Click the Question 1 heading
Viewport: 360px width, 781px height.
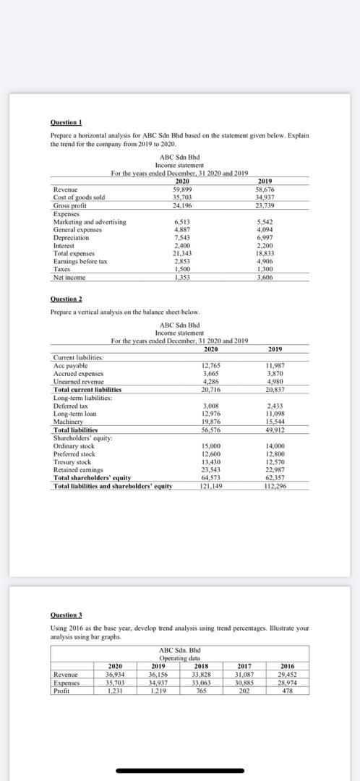point(66,123)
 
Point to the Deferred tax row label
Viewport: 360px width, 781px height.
point(71,406)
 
